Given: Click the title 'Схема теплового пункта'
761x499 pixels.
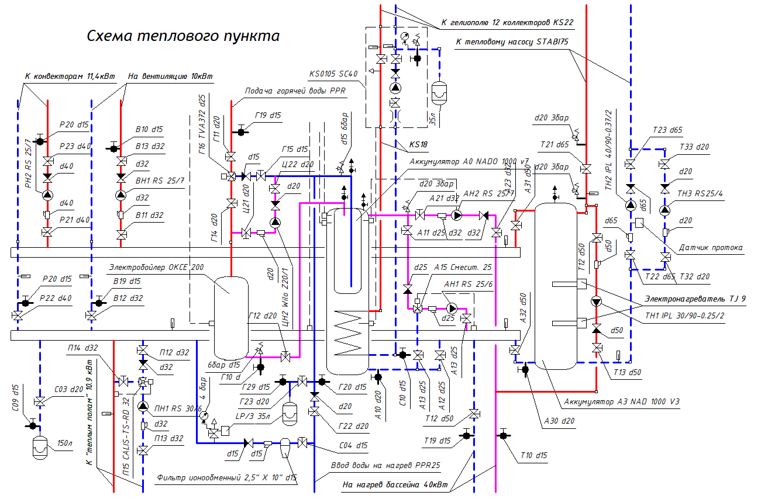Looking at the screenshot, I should pos(183,36).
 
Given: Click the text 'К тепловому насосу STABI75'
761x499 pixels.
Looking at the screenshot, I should pos(512,40).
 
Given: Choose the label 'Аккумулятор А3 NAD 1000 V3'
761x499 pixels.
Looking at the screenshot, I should pos(622,402).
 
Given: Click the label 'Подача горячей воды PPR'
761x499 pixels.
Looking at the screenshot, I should pos(295,92).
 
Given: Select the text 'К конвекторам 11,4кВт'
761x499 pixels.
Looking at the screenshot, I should pos(70,77).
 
